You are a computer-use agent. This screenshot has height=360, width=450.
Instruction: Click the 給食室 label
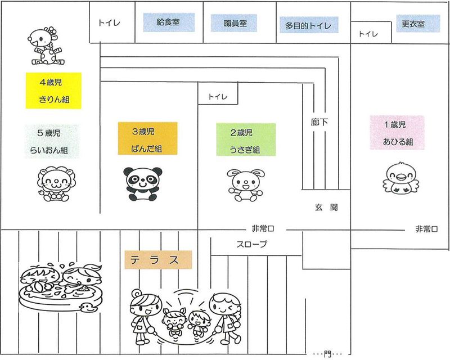click(168, 22)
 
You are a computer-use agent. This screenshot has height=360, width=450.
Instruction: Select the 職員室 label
click(233, 23)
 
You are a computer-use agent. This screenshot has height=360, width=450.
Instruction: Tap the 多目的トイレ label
click(308, 25)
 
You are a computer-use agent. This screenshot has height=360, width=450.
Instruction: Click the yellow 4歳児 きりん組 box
click(53, 90)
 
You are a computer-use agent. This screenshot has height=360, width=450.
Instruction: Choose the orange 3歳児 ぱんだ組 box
click(147, 138)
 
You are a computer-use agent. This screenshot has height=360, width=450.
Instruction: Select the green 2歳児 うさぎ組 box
click(245, 139)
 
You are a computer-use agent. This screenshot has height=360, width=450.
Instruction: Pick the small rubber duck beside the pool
click(88, 307)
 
